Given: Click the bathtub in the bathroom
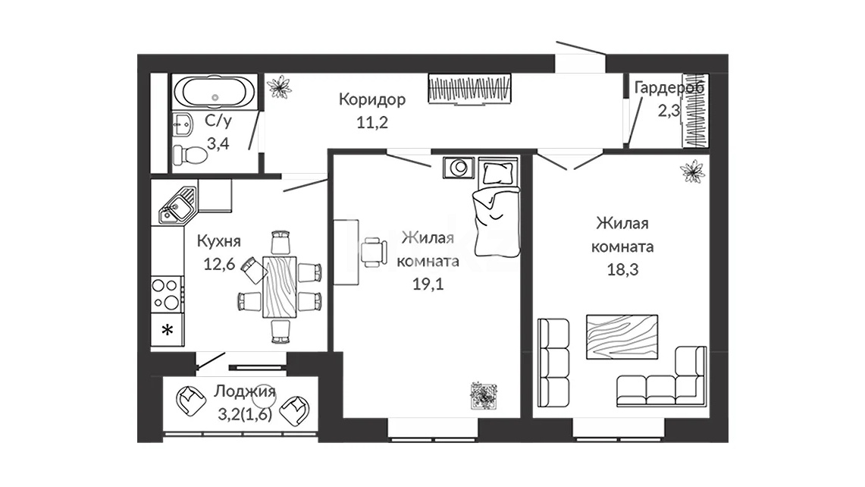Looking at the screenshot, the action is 215,93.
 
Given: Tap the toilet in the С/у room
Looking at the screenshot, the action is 190,155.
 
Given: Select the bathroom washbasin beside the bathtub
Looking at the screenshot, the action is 183,125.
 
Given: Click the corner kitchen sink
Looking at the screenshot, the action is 177,206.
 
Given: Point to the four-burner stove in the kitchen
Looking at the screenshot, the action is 167,294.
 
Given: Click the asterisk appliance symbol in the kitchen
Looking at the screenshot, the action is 167,330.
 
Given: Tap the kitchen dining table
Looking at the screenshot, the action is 280,287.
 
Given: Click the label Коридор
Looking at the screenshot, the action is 371,99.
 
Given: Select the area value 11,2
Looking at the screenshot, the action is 371,122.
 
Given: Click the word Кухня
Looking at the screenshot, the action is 219,241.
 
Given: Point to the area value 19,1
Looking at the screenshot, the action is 428,284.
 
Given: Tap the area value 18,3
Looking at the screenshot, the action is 623,269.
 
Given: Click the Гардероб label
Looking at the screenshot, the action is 669,88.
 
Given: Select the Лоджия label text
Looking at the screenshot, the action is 244,391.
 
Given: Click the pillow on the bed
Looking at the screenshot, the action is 497,174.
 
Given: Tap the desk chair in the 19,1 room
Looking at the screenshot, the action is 374,251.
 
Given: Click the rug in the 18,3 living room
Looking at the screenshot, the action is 622,337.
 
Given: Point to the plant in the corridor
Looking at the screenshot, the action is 279,86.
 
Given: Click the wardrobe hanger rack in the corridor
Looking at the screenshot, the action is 469,88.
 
